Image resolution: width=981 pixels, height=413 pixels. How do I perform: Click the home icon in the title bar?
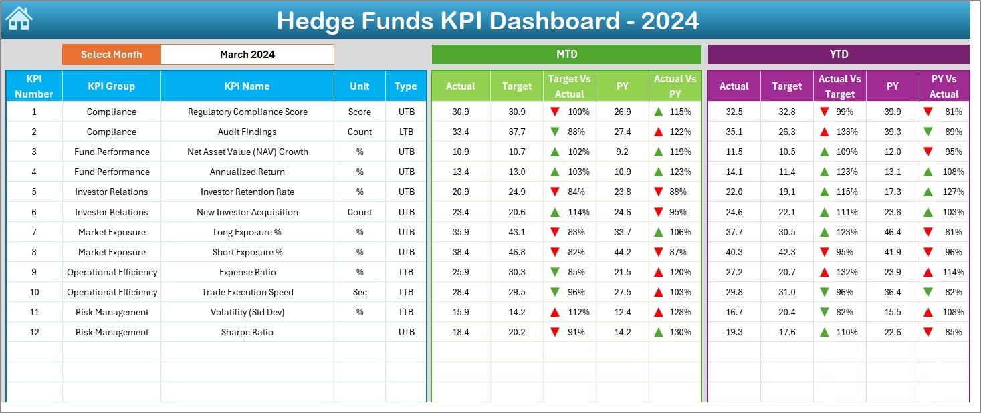tap(19, 19)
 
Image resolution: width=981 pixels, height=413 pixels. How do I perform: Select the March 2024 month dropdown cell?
tap(247, 55)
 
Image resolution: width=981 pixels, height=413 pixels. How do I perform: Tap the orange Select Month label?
tap(111, 55)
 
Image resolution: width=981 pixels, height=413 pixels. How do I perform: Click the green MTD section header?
tap(566, 55)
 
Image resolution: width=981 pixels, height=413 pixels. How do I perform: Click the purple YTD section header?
tap(838, 55)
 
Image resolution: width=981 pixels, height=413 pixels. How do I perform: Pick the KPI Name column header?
tap(247, 86)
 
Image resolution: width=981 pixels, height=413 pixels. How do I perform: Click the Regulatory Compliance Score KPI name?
tap(247, 112)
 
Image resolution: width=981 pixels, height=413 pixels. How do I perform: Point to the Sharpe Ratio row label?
tap(247, 333)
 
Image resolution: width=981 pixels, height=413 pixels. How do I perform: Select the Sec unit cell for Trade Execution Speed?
tap(360, 293)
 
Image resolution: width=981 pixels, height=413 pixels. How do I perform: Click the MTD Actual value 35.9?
tap(461, 233)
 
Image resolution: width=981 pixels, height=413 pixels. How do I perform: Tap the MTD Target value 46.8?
tap(516, 253)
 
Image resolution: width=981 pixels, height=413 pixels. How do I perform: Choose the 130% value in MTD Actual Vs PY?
tap(681, 333)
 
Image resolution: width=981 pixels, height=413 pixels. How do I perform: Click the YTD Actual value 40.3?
tap(734, 253)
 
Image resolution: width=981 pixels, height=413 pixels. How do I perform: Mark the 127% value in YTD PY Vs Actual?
tap(954, 192)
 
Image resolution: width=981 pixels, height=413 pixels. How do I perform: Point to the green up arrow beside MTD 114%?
tap(554, 213)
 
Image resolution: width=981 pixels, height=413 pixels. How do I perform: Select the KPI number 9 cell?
tap(34, 273)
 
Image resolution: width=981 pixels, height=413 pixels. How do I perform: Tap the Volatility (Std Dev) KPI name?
tap(247, 313)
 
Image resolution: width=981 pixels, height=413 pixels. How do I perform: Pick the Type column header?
tap(405, 86)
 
